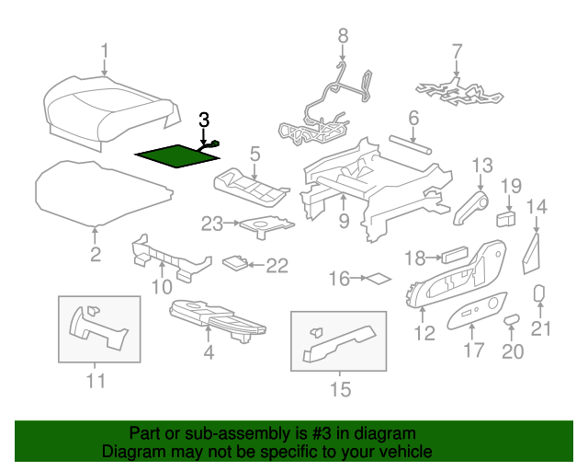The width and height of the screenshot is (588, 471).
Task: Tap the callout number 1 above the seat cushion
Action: pyautogui.click(x=104, y=51)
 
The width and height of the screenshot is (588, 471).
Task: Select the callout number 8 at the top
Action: pyautogui.click(x=343, y=36)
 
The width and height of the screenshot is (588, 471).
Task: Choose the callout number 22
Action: pyautogui.click(x=277, y=266)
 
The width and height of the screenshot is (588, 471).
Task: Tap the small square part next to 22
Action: pyautogui.click(x=235, y=262)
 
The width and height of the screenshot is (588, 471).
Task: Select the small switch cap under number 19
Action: pyautogui.click(x=505, y=219)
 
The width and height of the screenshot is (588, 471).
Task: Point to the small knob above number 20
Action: pyautogui.click(x=512, y=317)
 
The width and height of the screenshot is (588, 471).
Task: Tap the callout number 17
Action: pyautogui.click(x=473, y=350)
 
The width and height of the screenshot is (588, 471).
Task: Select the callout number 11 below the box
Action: pyautogui.click(x=96, y=380)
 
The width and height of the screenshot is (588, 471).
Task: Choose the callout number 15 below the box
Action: pyautogui.click(x=339, y=390)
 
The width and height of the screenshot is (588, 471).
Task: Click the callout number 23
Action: pyautogui.click(x=212, y=223)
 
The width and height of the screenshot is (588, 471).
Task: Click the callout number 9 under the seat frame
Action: pyautogui.click(x=343, y=220)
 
